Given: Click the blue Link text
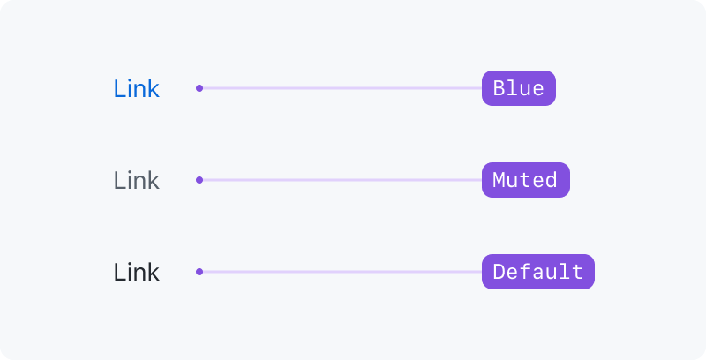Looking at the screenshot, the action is click(x=137, y=88).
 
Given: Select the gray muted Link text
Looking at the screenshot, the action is click(x=137, y=180).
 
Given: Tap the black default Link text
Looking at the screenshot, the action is click(x=137, y=272).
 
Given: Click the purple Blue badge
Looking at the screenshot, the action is click(x=519, y=88).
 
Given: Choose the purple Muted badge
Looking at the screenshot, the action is click(x=526, y=180).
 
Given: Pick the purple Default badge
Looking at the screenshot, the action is click(x=538, y=272).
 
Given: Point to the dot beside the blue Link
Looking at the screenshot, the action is click(x=199, y=88).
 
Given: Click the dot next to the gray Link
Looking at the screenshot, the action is click(x=199, y=180).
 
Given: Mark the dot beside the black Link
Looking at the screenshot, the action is click(x=199, y=272).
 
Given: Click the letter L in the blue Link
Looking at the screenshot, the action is click(x=119, y=88).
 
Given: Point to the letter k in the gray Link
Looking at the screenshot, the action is click(x=154, y=180).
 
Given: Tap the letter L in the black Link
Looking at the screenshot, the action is click(x=119, y=273).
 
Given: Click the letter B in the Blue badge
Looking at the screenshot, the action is click(x=499, y=88).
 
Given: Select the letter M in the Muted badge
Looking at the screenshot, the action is click(x=499, y=180).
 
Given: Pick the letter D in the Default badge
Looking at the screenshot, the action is click(x=499, y=272).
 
